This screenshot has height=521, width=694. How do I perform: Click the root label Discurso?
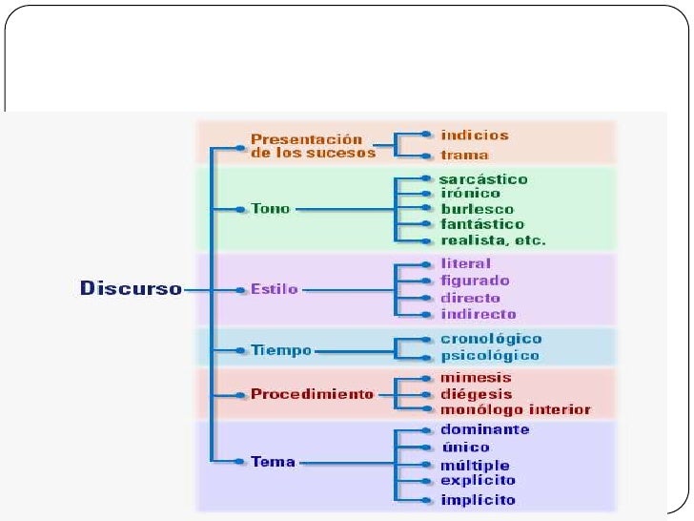pos(131,287)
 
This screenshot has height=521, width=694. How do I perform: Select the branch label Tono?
pos(270,209)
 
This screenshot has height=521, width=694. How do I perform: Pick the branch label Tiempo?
pos(281,350)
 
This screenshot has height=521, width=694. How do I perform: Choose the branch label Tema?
pos(273,462)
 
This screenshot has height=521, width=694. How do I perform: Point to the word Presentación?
pos(307,138)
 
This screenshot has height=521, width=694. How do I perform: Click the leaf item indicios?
pos(475,135)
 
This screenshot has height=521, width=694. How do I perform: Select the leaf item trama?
pos(465,155)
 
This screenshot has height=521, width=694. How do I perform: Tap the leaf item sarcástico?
pos(483,178)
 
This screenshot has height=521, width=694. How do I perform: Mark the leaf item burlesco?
pos(477,209)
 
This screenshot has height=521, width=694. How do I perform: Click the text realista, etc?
pos(493,240)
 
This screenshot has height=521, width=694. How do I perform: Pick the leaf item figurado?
pos(475,281)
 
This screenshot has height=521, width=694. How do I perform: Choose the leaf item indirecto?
pos(479,314)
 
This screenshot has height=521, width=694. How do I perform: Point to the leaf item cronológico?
pos(491,339)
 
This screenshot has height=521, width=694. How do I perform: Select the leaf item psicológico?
pos(490,356)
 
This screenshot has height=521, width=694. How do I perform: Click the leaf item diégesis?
pos(477,393)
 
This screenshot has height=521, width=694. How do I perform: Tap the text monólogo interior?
pos(516,410)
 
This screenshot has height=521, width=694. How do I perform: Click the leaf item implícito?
pos(478,500)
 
